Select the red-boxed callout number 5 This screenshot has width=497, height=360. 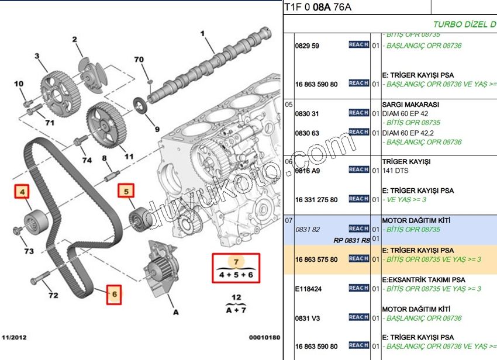tap(125, 191)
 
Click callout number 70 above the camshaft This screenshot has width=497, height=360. tap(139, 60)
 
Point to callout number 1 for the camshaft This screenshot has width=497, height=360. tap(203, 33)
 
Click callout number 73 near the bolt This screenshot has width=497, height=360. tap(29, 251)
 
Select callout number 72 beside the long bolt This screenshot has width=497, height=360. tap(53, 295)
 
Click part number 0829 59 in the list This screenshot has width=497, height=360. tap(308, 46)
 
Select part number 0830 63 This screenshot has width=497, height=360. tap(308, 133)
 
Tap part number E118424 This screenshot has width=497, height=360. tap(308, 289)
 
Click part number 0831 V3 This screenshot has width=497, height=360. tap(308, 318)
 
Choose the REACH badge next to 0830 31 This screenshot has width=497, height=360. tap(358, 113)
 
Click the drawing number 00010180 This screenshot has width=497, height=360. tap(265, 337)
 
